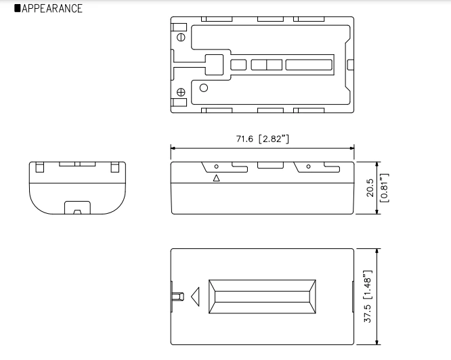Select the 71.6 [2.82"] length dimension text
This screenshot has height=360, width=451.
(262, 139)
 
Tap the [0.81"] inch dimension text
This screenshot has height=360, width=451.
(384, 188)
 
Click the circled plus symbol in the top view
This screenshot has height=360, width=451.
(181, 92)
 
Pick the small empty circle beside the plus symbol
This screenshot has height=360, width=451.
(203, 87)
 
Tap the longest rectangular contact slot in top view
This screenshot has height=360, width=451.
(309, 65)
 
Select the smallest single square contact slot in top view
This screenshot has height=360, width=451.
(238, 65)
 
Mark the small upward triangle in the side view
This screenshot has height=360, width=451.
(217, 179)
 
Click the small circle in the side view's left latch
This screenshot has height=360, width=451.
(217, 166)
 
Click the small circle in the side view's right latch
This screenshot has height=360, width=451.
(308, 166)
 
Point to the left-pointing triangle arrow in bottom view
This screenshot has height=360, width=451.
(196, 296)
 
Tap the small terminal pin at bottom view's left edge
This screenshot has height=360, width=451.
(178, 296)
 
